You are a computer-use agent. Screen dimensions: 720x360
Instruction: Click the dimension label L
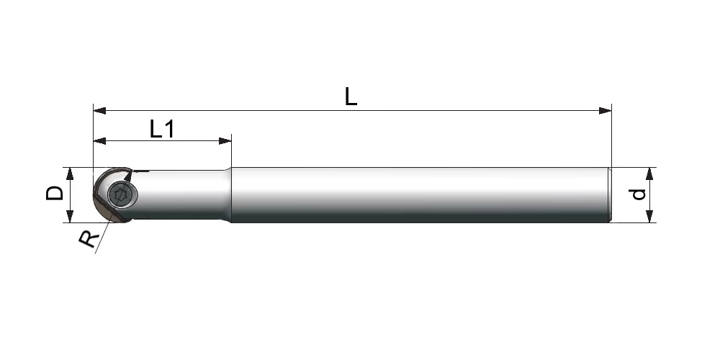351,97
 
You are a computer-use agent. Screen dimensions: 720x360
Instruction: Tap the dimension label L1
162,129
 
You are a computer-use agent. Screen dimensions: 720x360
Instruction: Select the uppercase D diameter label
55,193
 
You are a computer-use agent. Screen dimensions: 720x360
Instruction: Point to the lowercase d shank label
638,194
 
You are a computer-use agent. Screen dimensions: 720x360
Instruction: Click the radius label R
89,239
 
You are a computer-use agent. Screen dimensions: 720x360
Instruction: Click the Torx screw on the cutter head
122,195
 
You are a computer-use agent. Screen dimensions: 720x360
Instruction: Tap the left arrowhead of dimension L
99,111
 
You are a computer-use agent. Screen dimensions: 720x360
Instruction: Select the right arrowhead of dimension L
606,111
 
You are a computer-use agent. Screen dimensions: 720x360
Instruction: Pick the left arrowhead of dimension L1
99,141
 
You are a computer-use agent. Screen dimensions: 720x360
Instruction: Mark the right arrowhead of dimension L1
225,141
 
